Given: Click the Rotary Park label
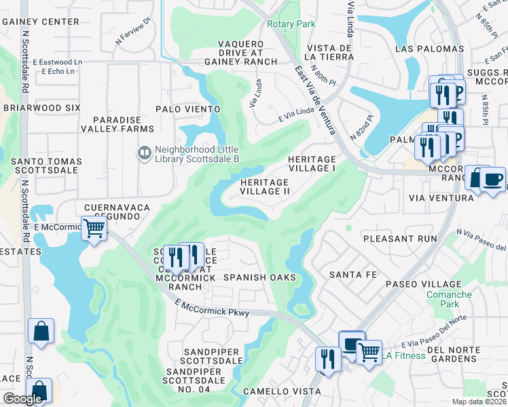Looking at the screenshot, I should (291, 24).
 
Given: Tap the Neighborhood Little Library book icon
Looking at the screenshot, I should (143, 153).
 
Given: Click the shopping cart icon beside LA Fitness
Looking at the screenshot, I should (368, 351).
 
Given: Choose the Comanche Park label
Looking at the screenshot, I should (448, 300).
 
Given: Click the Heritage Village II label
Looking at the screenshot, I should (266, 187).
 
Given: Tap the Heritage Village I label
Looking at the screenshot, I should (312, 163).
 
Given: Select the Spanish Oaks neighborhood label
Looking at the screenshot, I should (259, 277).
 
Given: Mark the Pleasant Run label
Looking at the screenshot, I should (399, 239).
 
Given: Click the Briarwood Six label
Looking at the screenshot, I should (41, 108).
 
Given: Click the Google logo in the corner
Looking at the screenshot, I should (23, 399).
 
